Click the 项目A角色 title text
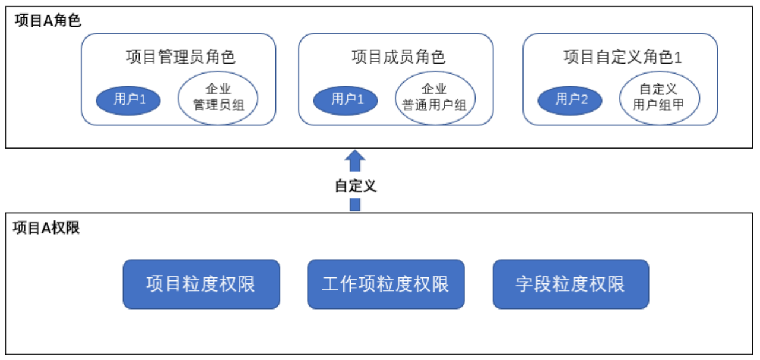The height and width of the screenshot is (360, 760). (x=48, y=21)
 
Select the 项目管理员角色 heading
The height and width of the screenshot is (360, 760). (x=181, y=56)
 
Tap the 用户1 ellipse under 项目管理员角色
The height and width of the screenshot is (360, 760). (x=128, y=100)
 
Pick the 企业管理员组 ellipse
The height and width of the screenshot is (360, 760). (x=218, y=98)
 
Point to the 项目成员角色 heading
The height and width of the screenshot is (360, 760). (x=398, y=56)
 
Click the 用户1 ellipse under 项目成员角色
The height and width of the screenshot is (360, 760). (x=346, y=100)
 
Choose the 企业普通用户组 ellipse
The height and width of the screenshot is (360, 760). (x=435, y=98)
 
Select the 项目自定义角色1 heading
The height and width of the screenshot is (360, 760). (x=623, y=56)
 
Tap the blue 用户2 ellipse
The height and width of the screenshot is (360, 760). (x=570, y=100)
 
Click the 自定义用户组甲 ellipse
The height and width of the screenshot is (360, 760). (x=660, y=98)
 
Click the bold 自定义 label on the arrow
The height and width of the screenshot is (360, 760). (x=356, y=186)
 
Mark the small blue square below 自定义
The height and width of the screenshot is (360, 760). (x=355, y=205)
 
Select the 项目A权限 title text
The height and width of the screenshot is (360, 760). (x=46, y=228)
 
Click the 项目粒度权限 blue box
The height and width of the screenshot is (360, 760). (x=201, y=285)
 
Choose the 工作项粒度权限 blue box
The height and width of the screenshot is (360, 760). (x=386, y=285)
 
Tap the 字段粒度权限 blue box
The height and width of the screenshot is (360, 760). (x=571, y=285)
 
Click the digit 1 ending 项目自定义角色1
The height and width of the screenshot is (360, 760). (x=678, y=58)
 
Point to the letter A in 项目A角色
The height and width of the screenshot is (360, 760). (x=48, y=21)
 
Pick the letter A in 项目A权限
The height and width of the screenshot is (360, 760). (x=46, y=228)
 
